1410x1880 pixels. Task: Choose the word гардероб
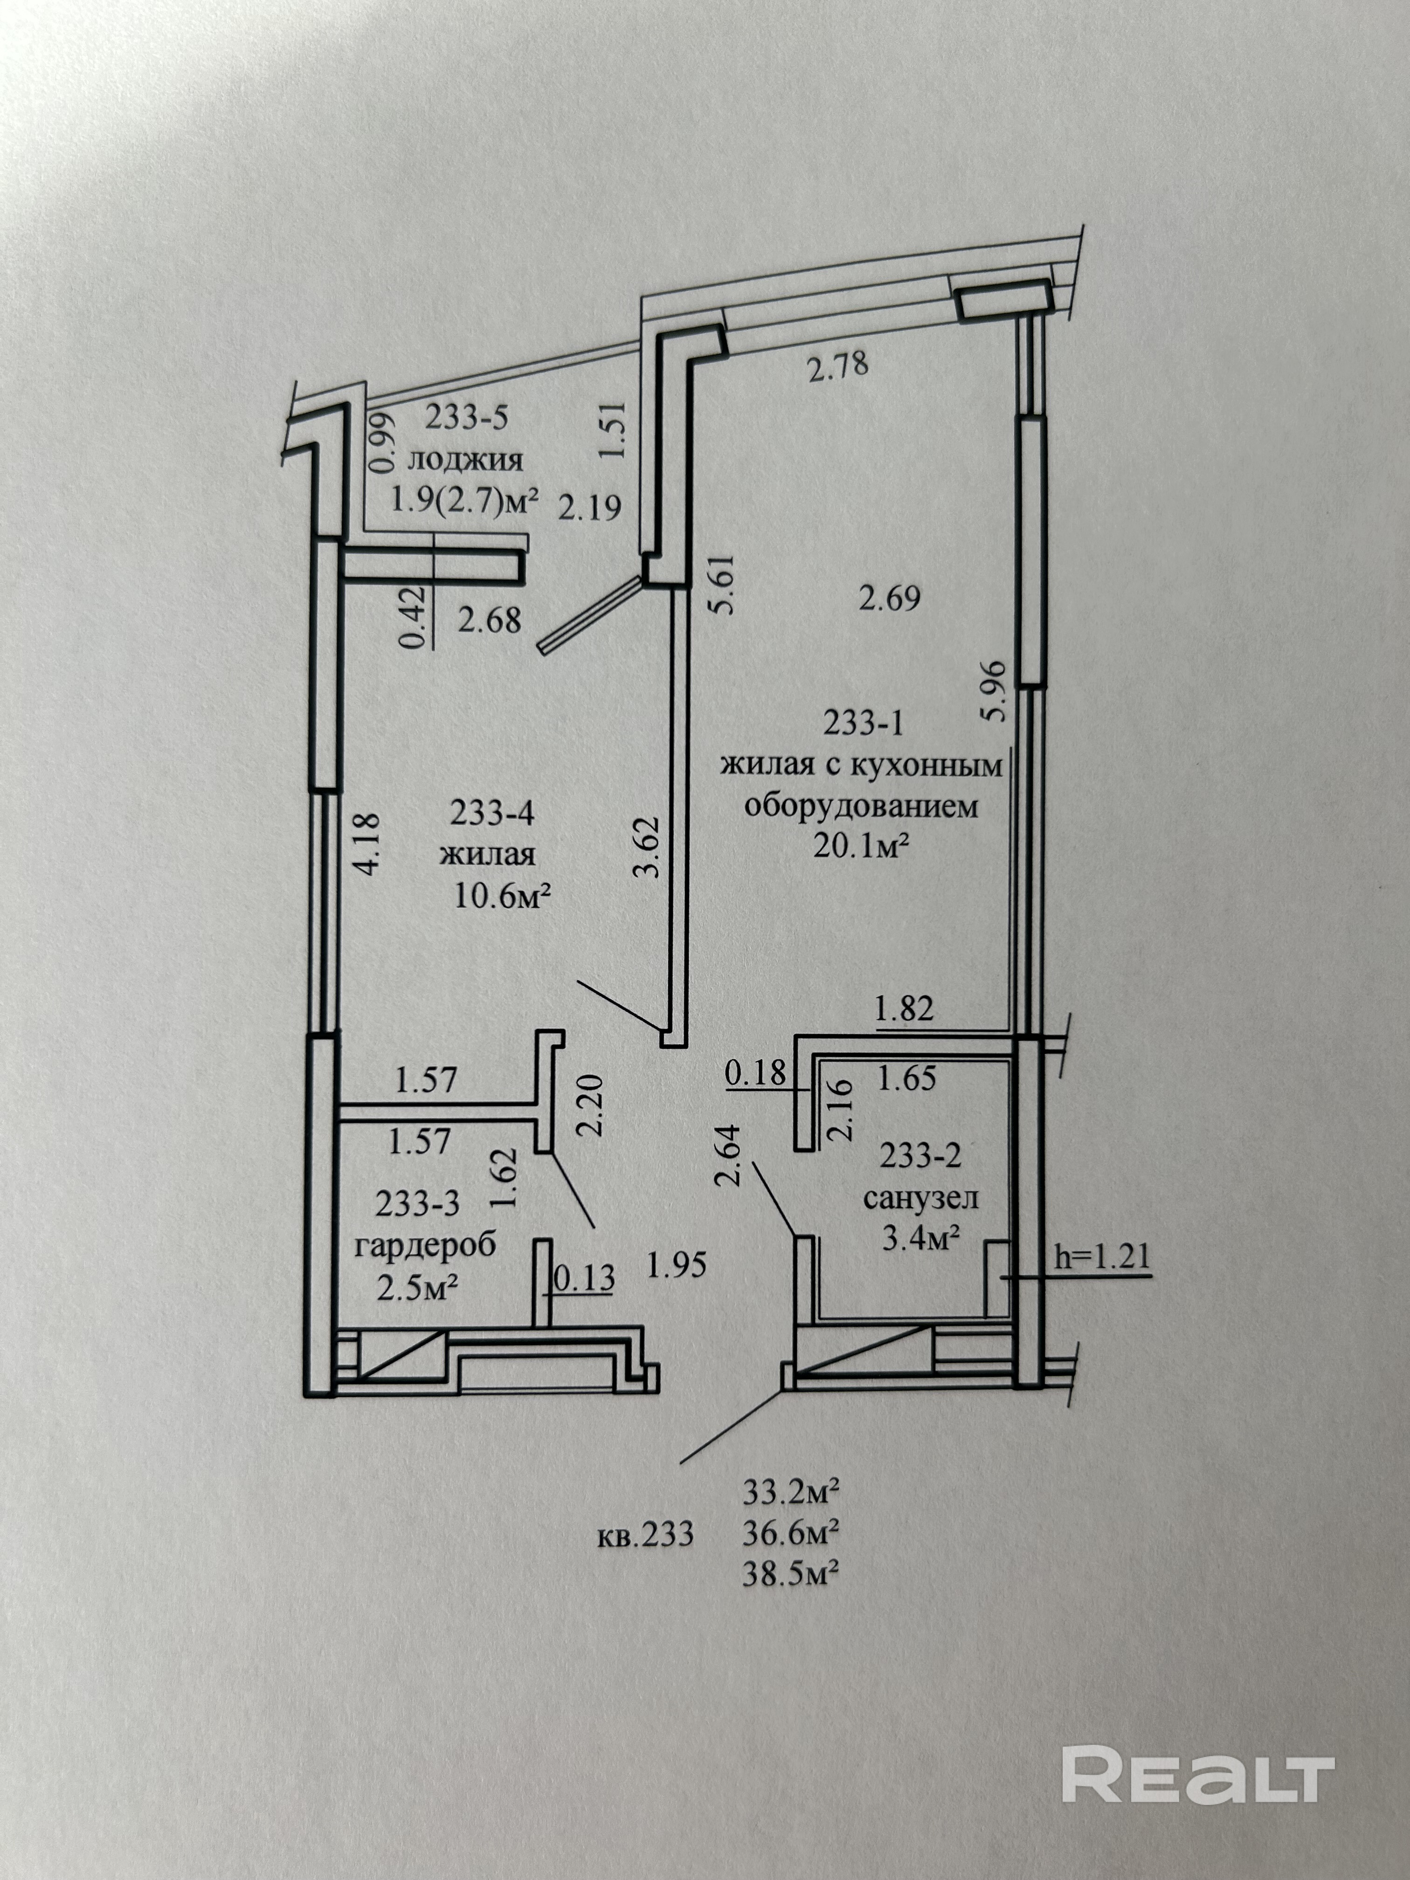pyautogui.click(x=425, y=1247)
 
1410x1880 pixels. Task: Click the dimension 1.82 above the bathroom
pyautogui.click(x=904, y=1009)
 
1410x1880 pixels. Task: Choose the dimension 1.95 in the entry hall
pyautogui.click(x=677, y=1266)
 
